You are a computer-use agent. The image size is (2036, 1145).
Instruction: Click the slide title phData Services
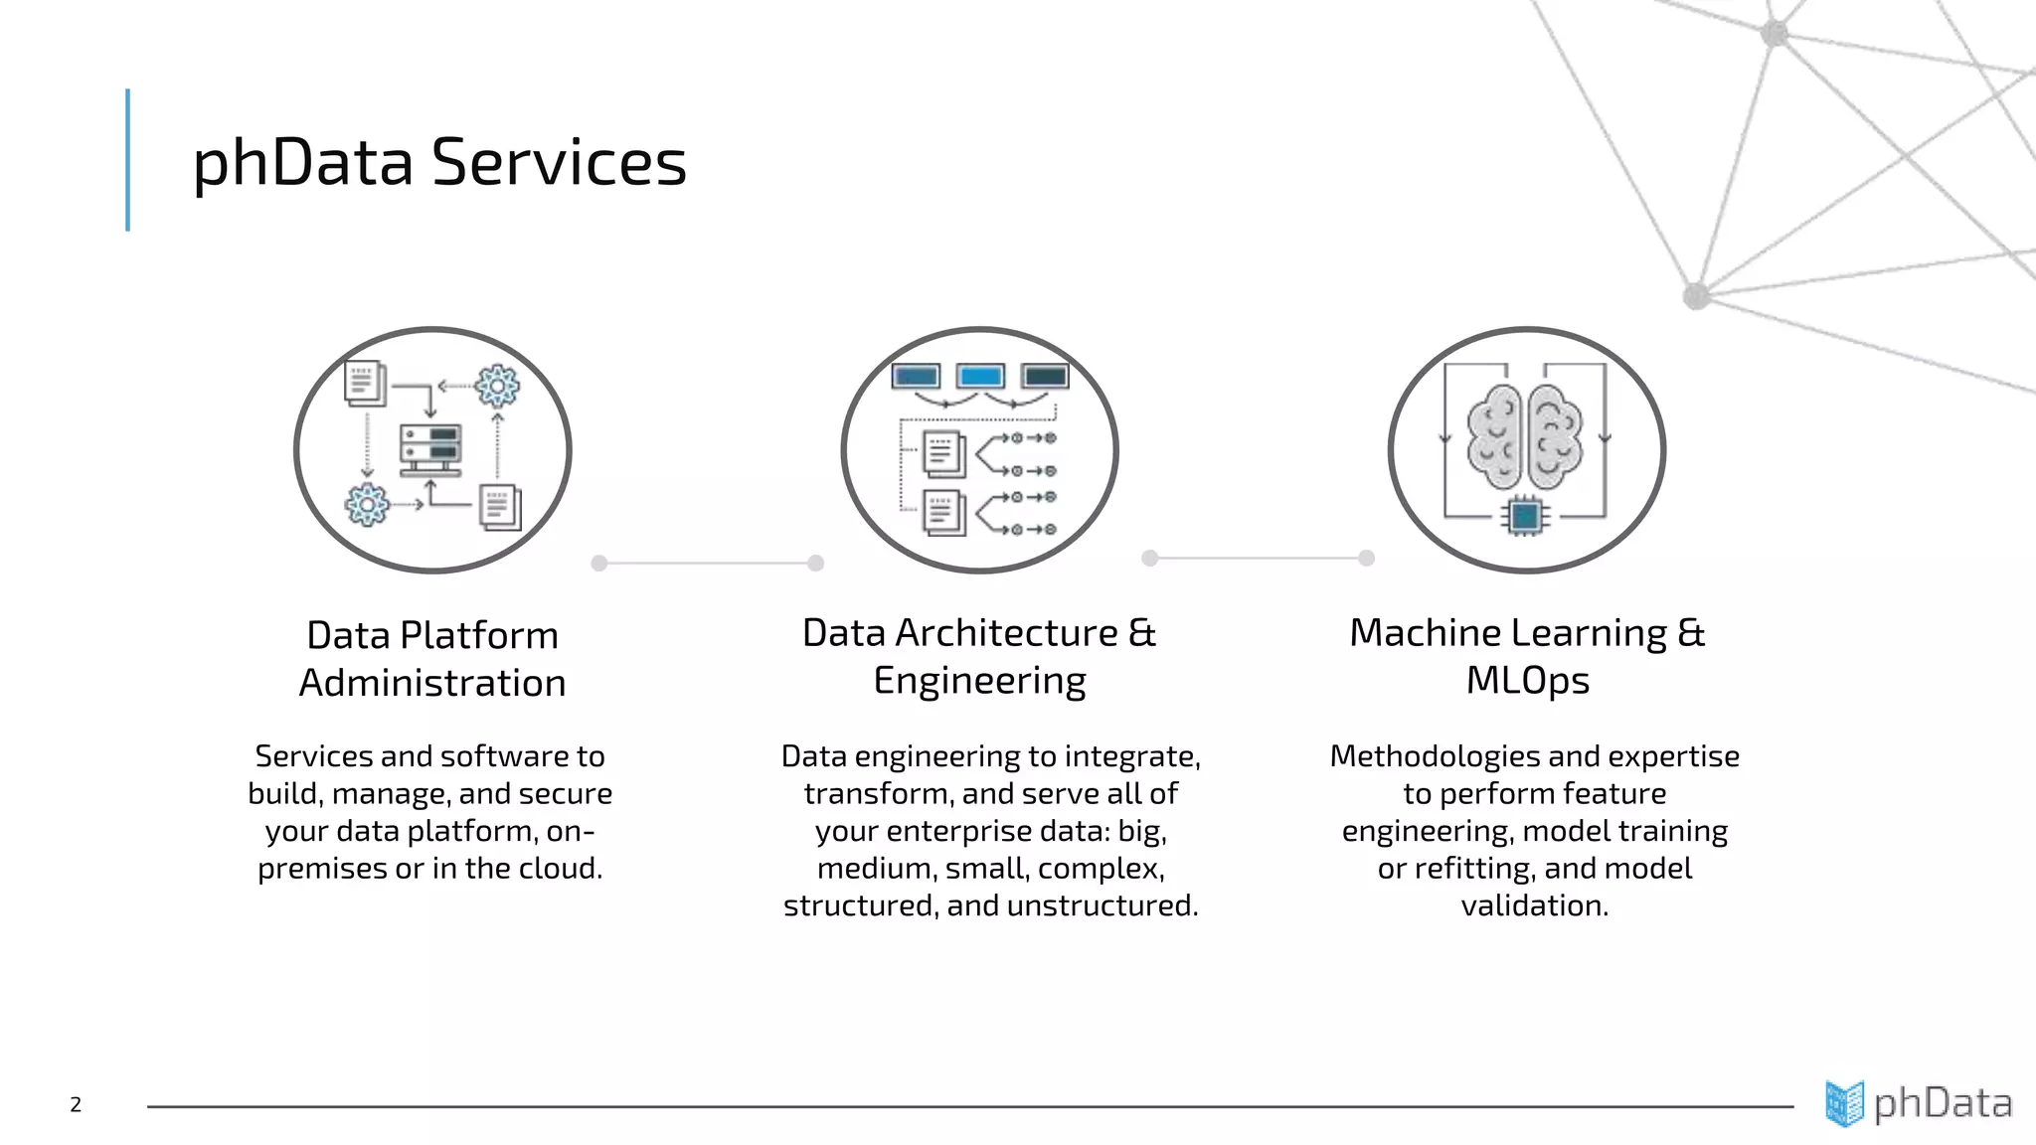coord(438,162)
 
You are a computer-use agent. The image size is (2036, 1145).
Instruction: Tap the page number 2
coord(76,1104)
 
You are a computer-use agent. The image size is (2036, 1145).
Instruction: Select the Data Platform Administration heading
coord(432,659)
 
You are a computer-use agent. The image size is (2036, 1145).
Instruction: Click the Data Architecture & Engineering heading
coord(979,656)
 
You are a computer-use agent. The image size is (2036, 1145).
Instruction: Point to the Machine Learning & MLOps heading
coord(1527,656)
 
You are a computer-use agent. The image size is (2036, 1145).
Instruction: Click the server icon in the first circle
coord(430,449)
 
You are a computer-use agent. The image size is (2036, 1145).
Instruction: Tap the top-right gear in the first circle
coord(497,386)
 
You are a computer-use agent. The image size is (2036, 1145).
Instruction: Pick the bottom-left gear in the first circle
coord(367,505)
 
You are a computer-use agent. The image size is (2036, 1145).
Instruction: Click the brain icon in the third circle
coord(1525,436)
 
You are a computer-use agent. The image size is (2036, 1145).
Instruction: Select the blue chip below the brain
coord(1524,517)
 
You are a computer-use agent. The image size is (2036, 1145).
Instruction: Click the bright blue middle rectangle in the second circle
coord(980,377)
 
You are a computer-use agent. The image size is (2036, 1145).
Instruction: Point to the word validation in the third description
coord(1534,906)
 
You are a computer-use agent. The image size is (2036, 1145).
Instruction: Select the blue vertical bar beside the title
coord(128,160)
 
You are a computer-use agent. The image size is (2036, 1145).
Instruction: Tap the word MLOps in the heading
coord(1527,681)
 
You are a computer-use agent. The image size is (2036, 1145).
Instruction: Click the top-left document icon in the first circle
coord(364,383)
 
